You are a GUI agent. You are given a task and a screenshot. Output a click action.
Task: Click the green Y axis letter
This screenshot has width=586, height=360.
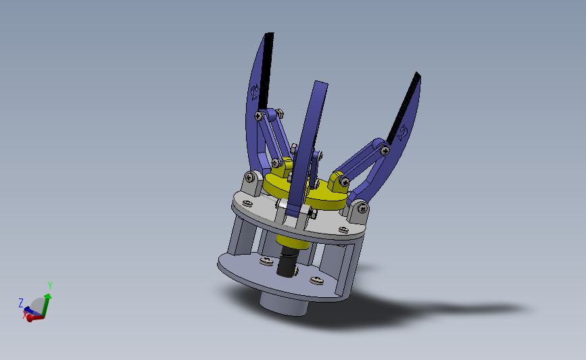tap(50, 286)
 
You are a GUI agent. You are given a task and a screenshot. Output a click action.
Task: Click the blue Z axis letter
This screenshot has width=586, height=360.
tap(21, 303)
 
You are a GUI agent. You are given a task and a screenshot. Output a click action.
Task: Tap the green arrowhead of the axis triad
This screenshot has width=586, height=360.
tap(48, 297)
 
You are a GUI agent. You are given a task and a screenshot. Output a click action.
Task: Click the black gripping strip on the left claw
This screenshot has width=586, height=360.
tap(266, 70)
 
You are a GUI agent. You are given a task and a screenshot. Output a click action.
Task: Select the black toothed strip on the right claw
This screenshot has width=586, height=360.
tap(404, 109)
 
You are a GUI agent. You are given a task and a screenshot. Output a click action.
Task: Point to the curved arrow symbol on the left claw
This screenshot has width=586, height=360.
tap(255, 91)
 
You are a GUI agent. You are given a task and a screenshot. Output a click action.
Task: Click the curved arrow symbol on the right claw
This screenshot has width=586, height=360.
tap(402, 133)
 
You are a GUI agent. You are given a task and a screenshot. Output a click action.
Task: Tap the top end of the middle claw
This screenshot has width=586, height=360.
tap(322, 83)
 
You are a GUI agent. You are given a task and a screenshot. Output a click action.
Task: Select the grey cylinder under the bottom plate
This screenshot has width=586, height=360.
tap(285, 305)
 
